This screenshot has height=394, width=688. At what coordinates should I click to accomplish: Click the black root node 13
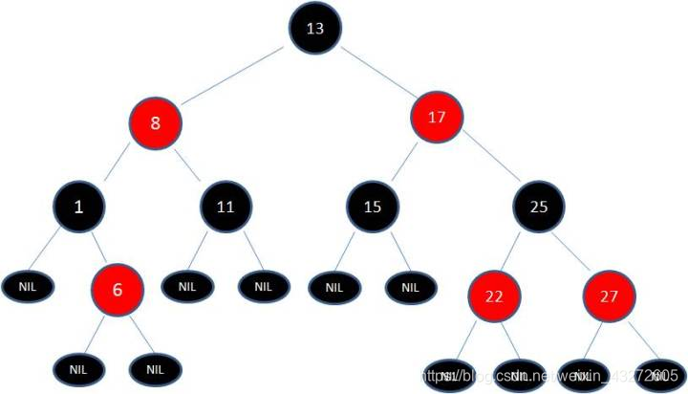(314, 28)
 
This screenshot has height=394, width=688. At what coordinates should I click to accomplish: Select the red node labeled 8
(156, 121)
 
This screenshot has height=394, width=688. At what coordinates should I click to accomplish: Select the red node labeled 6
(117, 286)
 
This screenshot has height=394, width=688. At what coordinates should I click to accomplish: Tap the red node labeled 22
(494, 295)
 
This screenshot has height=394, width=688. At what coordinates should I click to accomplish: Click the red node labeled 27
(611, 295)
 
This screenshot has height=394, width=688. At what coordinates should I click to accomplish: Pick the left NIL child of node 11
(186, 285)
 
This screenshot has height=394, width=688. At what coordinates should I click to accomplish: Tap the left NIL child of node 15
(332, 285)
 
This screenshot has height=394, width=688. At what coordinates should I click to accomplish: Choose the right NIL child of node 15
(410, 285)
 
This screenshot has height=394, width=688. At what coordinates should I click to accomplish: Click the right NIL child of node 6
(153, 366)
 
